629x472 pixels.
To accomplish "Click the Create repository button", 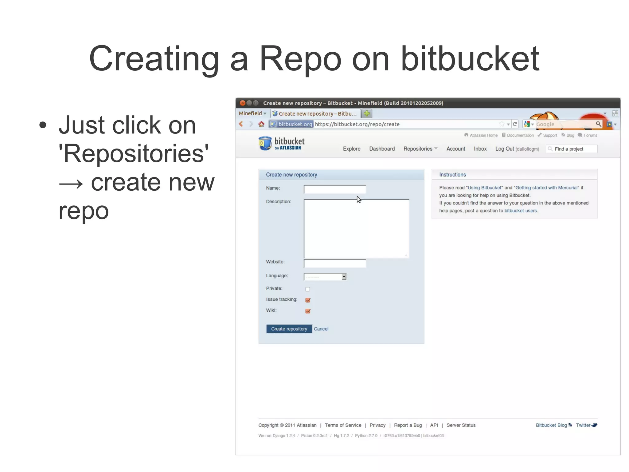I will pyautogui.click(x=289, y=329).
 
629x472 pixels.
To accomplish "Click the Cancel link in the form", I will pyautogui.click(x=321, y=329).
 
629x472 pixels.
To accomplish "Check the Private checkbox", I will pyautogui.click(x=307, y=289).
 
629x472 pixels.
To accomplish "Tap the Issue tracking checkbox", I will pyautogui.click(x=308, y=300).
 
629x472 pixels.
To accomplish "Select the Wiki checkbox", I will pyautogui.click(x=308, y=311).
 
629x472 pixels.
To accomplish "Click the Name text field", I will pyautogui.click(x=334, y=189).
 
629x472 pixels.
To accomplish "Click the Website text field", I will pyautogui.click(x=334, y=263).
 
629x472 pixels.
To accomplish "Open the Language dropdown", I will pyautogui.click(x=325, y=277).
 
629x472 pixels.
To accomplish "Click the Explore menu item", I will pyautogui.click(x=351, y=149).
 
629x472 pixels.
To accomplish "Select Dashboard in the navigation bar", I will pyautogui.click(x=382, y=149).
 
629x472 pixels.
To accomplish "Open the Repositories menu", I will pyautogui.click(x=420, y=149).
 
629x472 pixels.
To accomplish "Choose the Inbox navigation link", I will pyautogui.click(x=480, y=149).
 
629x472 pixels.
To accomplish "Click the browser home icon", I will pyautogui.click(x=261, y=124).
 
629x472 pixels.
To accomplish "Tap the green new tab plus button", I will pyautogui.click(x=366, y=113).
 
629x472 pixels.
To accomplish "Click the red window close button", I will pyautogui.click(x=242, y=103).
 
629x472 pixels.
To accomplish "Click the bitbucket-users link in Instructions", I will pyautogui.click(x=521, y=211).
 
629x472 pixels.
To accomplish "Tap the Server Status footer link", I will pyautogui.click(x=461, y=425).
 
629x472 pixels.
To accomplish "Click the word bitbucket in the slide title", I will pyautogui.click(x=470, y=58).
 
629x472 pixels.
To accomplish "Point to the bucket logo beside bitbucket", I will pyautogui.click(x=265, y=143).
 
